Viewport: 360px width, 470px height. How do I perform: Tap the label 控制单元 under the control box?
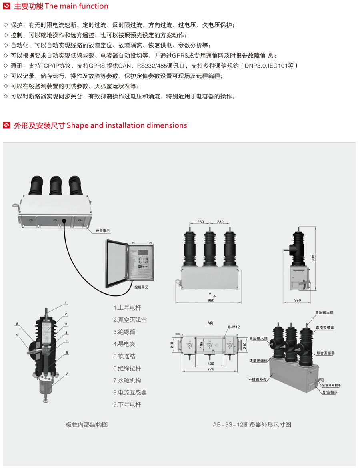[x=141, y=287]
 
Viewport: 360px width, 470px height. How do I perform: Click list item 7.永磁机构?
[x=127, y=380]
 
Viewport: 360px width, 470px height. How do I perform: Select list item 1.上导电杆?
[x=127, y=308]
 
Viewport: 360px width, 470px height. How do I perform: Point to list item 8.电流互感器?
[x=130, y=392]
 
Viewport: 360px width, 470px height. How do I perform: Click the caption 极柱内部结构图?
[x=87, y=424]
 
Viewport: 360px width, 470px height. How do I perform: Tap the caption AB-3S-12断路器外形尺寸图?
[x=252, y=424]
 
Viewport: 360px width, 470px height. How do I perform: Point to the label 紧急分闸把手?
[x=331, y=385]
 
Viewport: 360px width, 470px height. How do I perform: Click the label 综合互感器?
[x=325, y=353]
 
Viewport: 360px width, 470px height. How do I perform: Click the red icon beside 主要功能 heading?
[x=6, y=6]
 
